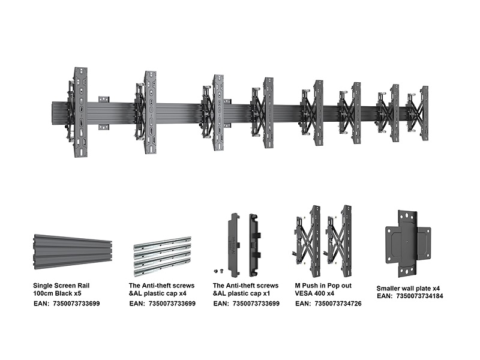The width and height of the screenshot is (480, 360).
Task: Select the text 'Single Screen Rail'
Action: [x=62, y=286]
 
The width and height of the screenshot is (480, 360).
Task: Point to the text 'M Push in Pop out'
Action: [x=323, y=286]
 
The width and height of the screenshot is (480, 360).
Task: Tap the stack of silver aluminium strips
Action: [x=161, y=255]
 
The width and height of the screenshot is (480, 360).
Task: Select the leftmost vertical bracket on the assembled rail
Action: [x=80, y=112]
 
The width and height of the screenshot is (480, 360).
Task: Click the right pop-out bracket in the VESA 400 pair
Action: [x=343, y=236]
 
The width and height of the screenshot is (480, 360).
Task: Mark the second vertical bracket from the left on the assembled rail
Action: [x=150, y=112]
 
